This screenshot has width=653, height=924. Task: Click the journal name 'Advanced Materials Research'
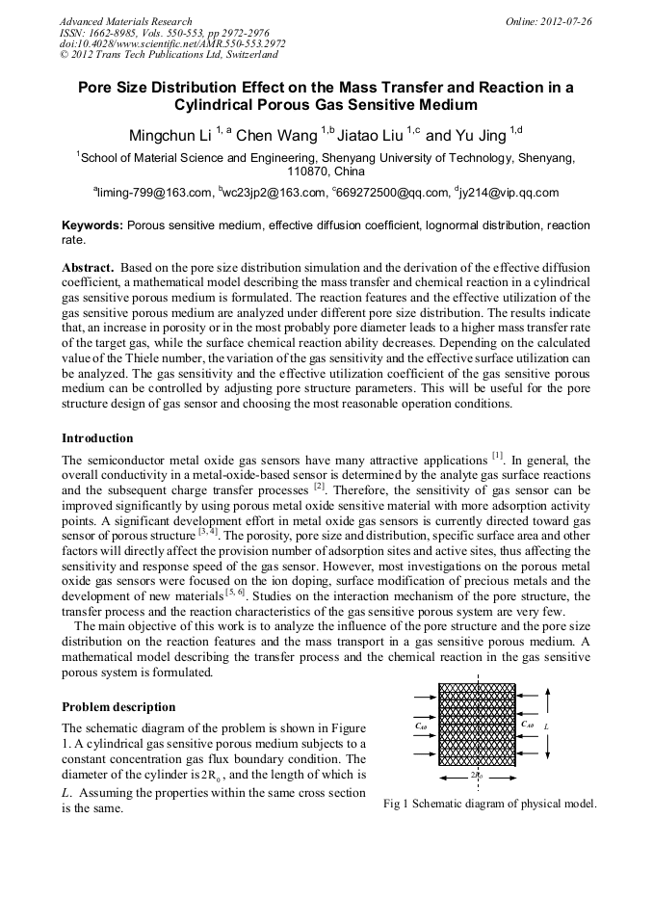tap(125, 20)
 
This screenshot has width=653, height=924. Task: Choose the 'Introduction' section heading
tap(97, 438)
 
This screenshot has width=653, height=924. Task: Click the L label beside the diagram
tap(547, 725)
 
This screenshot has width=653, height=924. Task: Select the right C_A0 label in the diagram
tap(528, 724)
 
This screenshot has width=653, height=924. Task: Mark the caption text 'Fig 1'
tap(395, 804)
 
